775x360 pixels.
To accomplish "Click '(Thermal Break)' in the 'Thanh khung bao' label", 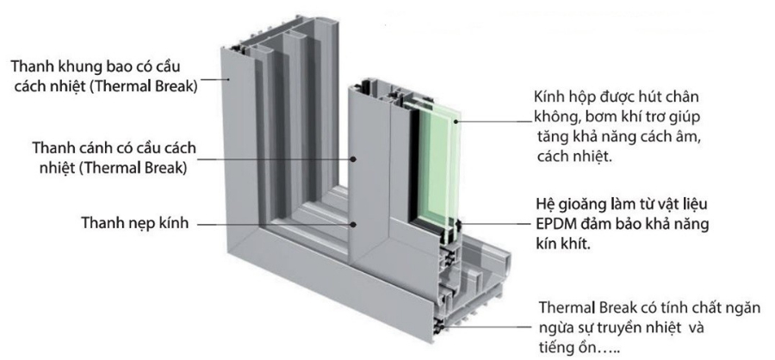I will [x=146, y=86].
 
